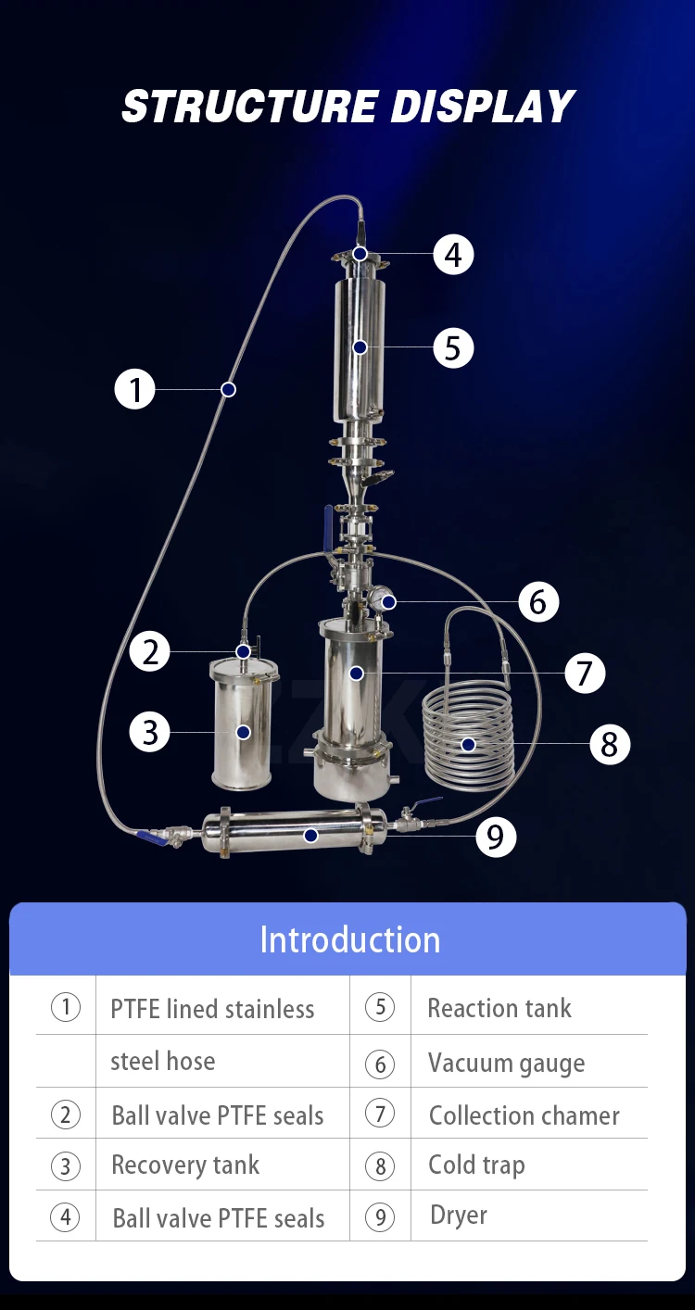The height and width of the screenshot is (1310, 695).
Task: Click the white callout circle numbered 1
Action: [x=135, y=389]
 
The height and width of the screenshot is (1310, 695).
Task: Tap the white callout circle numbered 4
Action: [x=453, y=254]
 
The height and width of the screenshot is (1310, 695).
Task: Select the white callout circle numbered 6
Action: [x=538, y=602]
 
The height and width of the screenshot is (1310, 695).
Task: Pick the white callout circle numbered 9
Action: [x=496, y=837]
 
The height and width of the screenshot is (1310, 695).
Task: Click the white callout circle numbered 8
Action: [x=609, y=744]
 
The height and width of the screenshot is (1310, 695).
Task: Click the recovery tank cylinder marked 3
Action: [x=242, y=723]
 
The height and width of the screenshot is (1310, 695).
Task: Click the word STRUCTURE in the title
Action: [x=248, y=107]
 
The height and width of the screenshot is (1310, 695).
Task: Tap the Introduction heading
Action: [x=349, y=939]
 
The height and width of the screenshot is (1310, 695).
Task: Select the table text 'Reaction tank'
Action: [x=499, y=1008]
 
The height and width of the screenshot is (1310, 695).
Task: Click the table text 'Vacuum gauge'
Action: [x=506, y=1064]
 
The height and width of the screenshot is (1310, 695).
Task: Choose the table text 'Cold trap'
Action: [x=476, y=1165]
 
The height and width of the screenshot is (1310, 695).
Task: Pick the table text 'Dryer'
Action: [x=459, y=1215]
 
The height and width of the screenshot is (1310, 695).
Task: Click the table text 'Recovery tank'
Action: [x=185, y=1165]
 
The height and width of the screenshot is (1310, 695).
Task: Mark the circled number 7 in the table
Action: [x=380, y=1115]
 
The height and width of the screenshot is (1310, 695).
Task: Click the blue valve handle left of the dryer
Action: [x=152, y=838]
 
